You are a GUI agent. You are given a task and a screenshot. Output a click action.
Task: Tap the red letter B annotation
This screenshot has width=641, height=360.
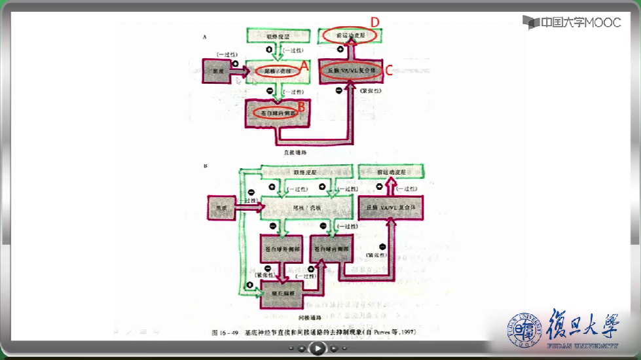[302, 104]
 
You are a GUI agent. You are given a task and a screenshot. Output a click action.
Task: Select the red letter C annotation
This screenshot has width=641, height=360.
[389, 71]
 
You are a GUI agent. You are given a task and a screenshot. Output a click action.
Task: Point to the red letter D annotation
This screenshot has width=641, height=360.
[375, 23]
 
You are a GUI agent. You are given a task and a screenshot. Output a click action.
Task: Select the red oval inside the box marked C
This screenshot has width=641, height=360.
[353, 69]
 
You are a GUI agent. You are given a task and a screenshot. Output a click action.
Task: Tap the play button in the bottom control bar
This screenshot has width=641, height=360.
[317, 349]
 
